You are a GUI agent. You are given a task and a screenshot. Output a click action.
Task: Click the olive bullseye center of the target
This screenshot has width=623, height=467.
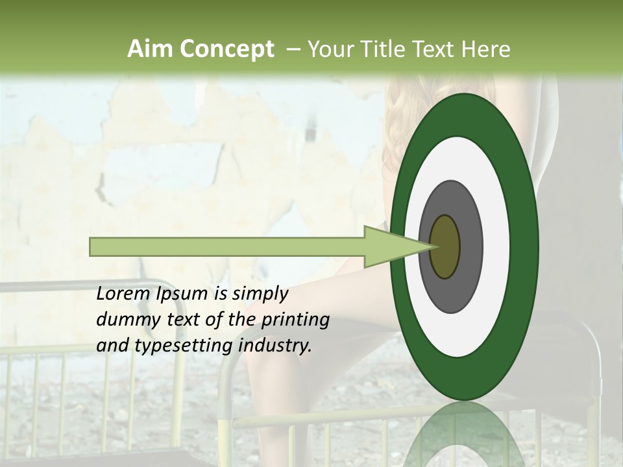point(445,246)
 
